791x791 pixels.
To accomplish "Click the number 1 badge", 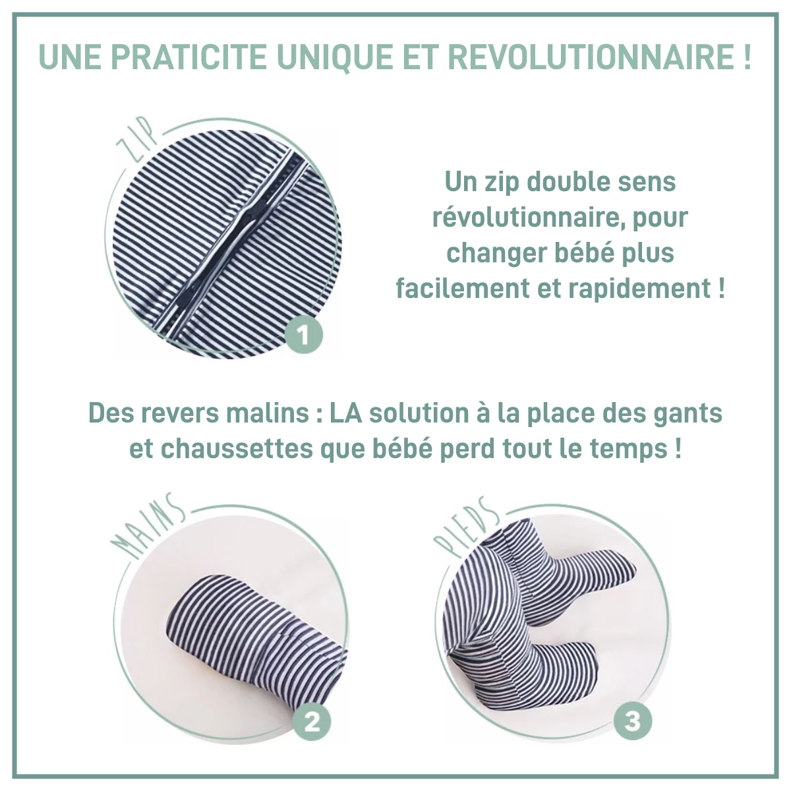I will tap(303, 337).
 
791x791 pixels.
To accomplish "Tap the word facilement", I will tap(463, 289).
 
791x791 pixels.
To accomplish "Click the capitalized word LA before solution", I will tap(345, 414).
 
